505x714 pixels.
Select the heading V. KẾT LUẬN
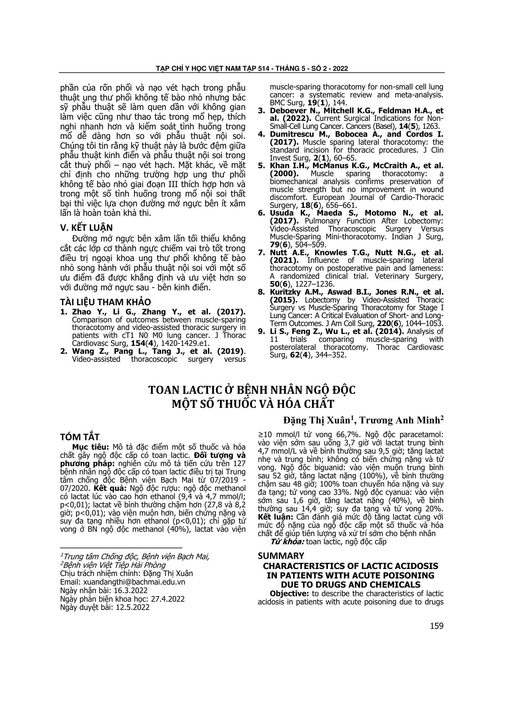click(x=86, y=228)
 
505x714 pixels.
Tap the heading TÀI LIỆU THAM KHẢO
click(x=105, y=302)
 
